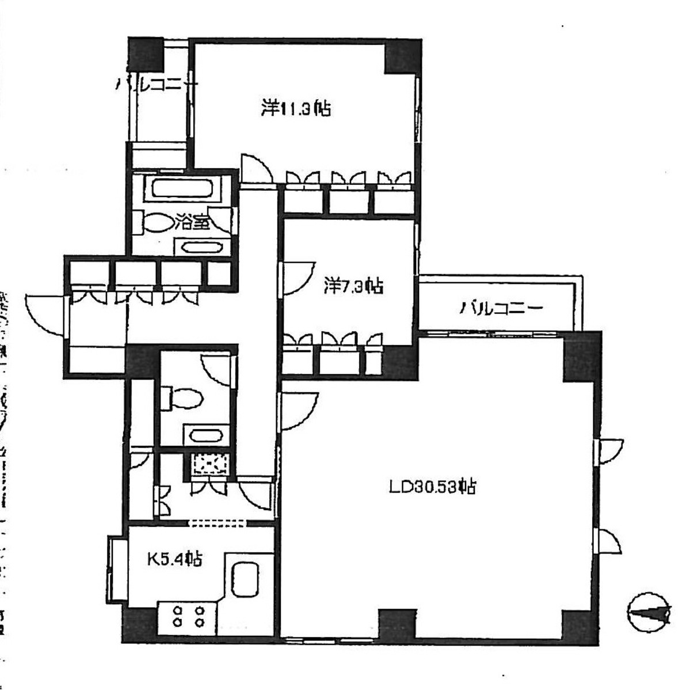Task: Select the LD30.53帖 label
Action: click(x=431, y=487)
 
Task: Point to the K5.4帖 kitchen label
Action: click(x=174, y=558)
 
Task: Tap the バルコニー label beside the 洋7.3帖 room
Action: click(x=501, y=308)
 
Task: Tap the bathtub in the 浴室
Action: click(x=181, y=189)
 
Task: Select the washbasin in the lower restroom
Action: click(x=205, y=435)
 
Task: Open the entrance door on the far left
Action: click(x=43, y=313)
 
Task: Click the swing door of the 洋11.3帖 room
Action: click(x=254, y=168)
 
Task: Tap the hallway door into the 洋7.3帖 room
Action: click(x=296, y=279)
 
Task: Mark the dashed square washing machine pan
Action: click(x=209, y=464)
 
